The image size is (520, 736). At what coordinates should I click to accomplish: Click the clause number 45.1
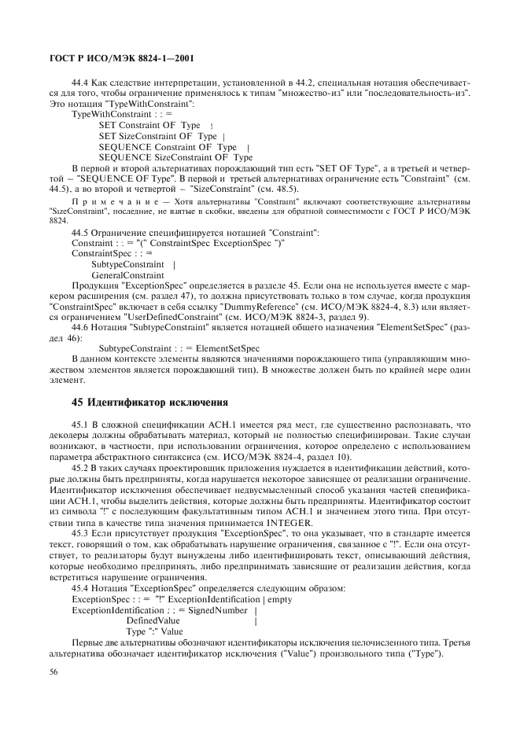82,425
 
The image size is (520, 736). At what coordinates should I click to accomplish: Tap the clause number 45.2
82,467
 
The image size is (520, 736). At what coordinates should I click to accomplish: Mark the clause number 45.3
82,533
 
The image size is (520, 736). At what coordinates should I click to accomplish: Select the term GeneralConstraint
128,275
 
